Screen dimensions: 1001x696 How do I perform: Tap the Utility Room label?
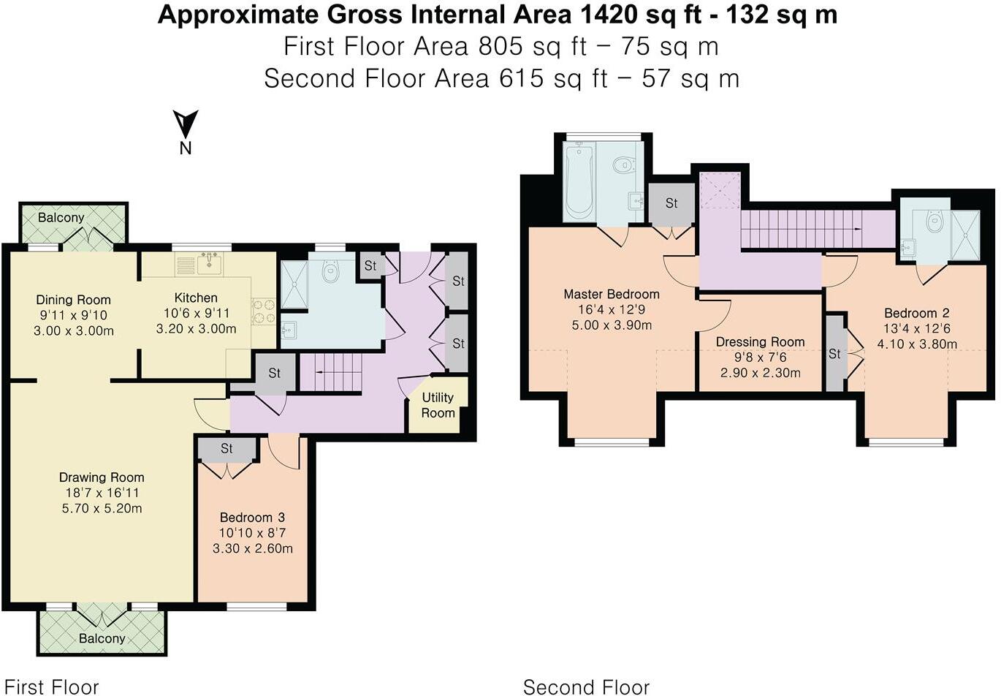pos(438,405)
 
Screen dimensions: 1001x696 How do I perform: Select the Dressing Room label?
pos(760,342)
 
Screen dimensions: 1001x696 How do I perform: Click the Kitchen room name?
pos(196,298)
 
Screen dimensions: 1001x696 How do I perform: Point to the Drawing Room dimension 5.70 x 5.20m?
pos(102,508)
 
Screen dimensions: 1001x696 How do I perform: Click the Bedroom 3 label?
pos(253,517)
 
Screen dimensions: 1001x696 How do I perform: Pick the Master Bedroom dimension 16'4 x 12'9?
pos(612,309)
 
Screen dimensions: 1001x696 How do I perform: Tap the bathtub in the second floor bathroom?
pos(579,181)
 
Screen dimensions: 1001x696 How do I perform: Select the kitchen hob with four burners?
pos(264,311)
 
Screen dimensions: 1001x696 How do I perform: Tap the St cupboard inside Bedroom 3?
pos(227,449)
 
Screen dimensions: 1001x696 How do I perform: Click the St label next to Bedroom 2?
pos(834,354)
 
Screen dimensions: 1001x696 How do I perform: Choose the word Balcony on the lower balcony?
pos(102,638)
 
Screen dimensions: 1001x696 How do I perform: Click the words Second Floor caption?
pos(586,687)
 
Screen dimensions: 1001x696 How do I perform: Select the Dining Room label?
pos(73,300)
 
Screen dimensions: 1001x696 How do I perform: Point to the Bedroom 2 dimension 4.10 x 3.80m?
pos(917,344)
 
